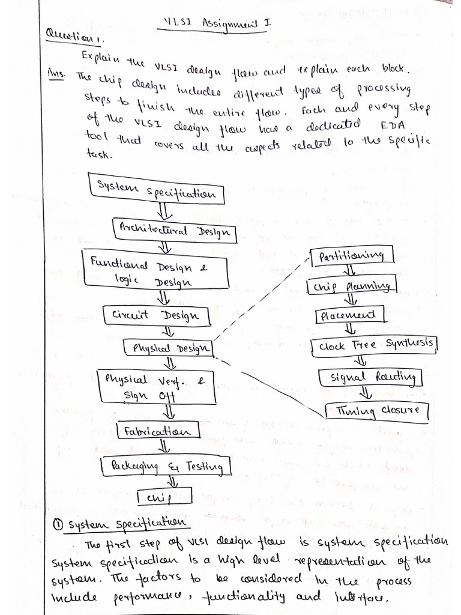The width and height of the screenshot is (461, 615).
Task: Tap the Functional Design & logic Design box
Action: (x=148, y=269)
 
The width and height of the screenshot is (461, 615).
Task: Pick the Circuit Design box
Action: (x=157, y=315)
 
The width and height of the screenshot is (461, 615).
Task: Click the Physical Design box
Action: (x=169, y=348)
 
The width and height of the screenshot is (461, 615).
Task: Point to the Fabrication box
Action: (x=158, y=431)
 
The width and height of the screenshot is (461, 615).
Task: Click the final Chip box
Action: (x=164, y=497)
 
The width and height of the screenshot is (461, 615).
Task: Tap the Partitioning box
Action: (x=352, y=256)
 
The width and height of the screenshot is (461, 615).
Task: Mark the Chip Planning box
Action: (x=352, y=286)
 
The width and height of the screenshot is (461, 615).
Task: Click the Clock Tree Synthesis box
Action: (x=376, y=345)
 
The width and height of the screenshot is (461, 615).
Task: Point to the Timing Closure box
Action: (x=377, y=411)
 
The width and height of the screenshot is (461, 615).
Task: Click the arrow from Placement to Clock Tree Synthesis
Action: (x=351, y=329)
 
